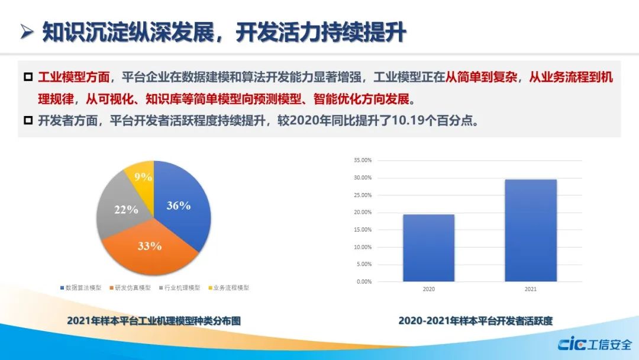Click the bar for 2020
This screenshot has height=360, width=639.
429,248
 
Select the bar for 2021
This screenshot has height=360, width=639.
531,230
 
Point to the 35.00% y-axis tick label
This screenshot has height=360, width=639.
363,160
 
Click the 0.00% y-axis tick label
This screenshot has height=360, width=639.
364,282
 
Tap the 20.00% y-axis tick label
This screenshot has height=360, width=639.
363,213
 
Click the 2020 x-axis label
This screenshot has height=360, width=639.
429,289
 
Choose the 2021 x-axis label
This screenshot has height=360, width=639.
531,289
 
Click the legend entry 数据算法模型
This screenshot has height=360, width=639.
80,288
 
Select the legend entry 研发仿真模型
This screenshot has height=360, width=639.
130,288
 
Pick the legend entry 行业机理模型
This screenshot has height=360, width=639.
180,288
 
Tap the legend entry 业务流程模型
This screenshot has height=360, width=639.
228,288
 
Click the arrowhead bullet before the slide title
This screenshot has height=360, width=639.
27,32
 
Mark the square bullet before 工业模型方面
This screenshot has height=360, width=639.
28,76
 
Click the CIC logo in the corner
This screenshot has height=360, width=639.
572,344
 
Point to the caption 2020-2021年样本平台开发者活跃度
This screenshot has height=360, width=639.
476,321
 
